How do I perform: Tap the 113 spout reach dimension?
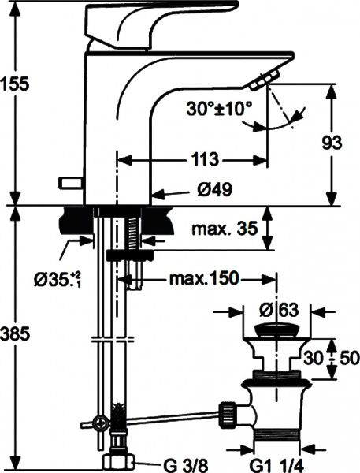click(x=203, y=159)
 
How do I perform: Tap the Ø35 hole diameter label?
click(x=54, y=280)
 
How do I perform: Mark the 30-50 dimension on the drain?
click(x=335, y=356)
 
